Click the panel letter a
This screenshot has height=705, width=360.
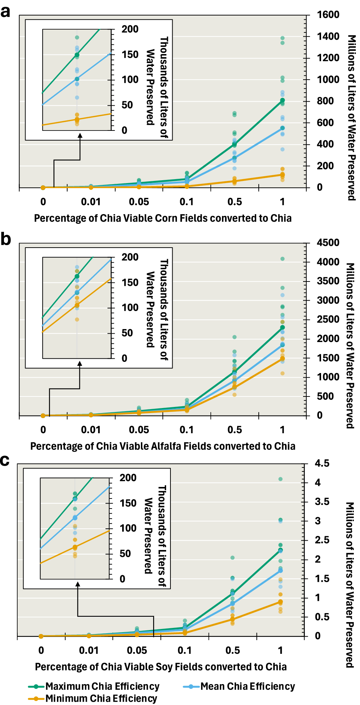5,12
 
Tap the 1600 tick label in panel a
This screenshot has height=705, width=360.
328,15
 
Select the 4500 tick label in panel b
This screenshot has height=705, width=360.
328,243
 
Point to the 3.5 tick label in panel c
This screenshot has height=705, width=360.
322,502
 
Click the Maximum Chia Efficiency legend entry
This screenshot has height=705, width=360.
102,686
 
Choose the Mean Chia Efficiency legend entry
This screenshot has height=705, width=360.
247,686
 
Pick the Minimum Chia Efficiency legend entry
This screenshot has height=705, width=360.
101,699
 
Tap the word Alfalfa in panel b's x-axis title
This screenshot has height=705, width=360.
166,446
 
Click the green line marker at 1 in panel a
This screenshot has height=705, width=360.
283,100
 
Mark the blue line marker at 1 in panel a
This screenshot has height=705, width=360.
283,128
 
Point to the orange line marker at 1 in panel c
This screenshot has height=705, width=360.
280,602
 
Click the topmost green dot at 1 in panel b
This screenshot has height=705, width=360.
283,259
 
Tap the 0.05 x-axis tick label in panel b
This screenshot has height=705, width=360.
139,430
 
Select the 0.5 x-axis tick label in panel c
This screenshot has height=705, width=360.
233,650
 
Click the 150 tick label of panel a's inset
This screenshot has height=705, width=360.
130,54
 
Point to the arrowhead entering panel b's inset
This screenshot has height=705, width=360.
80,363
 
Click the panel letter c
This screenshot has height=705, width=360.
5,461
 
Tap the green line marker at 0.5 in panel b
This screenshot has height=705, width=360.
235,371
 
